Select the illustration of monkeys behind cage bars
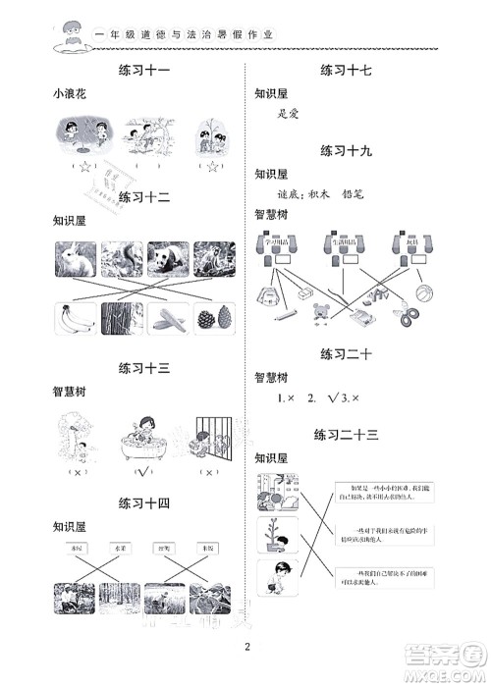tap(209, 439)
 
